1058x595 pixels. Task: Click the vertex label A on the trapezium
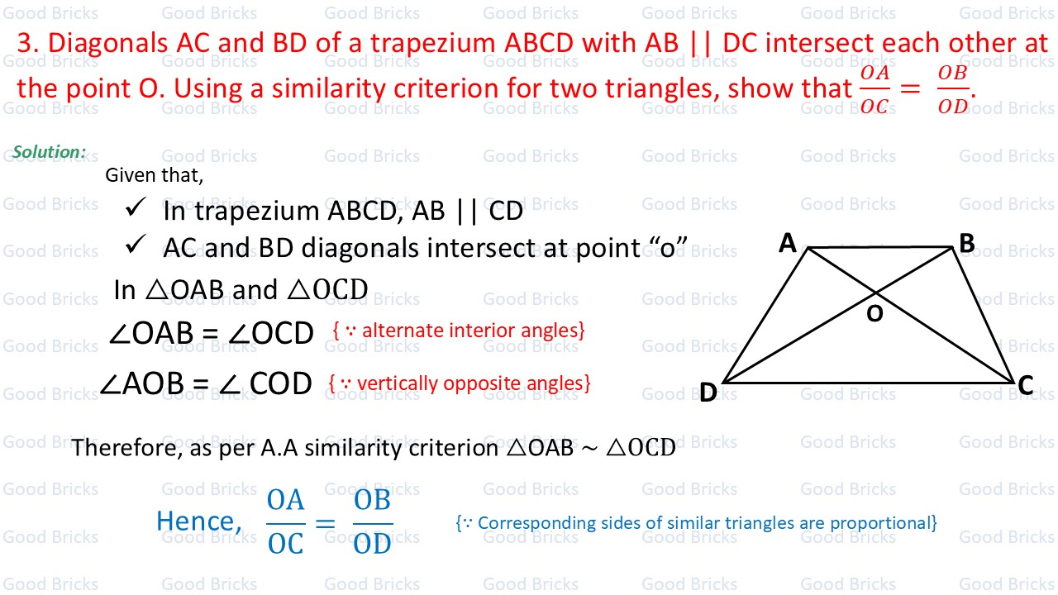click(788, 243)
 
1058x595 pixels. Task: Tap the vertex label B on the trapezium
click(967, 243)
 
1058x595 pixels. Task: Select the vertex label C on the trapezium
click(1026, 385)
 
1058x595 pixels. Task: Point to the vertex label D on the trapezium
click(708, 393)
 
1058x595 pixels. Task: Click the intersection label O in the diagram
click(875, 313)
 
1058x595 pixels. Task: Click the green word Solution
click(49, 151)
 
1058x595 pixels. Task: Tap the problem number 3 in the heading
click(27, 43)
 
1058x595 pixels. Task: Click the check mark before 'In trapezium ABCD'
click(136, 207)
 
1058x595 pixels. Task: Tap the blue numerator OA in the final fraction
click(285, 500)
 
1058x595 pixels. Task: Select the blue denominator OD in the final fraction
click(372, 545)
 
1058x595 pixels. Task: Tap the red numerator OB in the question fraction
click(952, 73)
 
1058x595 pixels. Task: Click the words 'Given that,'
click(154, 176)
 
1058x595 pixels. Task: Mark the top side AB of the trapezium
click(880, 247)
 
